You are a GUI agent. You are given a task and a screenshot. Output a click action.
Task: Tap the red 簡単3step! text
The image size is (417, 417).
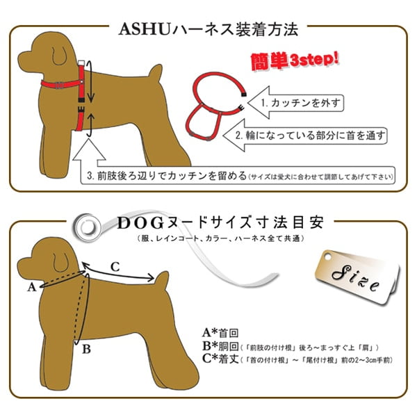coord(293,60)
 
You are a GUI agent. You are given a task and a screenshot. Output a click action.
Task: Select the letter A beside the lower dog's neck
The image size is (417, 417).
coord(31,286)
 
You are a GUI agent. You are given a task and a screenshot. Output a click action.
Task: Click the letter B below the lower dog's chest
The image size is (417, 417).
coord(85,350)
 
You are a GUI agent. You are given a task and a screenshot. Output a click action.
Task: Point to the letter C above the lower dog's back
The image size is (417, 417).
coord(115,265)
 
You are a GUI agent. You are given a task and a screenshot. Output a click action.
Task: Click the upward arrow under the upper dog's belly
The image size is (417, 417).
coord(89,149)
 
